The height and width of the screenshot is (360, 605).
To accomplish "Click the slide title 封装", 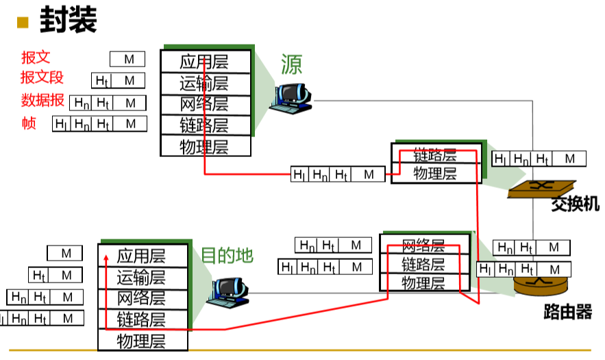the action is (x=69, y=19).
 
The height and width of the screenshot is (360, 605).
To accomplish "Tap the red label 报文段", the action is (x=42, y=77).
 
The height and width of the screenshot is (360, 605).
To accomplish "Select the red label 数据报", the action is (x=42, y=100).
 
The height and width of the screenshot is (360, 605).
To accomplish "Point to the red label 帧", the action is (x=29, y=123).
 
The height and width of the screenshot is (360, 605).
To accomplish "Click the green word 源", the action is (x=291, y=64).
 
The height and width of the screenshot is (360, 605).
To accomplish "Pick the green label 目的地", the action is (x=227, y=255).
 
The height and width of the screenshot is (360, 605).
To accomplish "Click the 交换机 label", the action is (x=575, y=204).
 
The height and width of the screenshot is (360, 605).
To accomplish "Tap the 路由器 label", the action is (x=567, y=312).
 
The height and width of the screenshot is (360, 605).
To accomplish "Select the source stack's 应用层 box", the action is (x=206, y=62).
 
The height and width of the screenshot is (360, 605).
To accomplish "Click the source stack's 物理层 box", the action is (x=206, y=145).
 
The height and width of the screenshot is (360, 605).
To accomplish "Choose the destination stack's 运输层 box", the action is (x=143, y=278).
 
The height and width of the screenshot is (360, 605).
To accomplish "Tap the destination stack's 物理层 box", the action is (x=143, y=340).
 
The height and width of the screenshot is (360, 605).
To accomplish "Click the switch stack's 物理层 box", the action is (x=436, y=173).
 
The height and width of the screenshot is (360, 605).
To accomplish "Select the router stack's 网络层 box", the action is (x=425, y=244).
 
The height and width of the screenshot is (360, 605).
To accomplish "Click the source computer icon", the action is (x=291, y=99).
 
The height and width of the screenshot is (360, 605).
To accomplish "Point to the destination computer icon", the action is (x=228, y=292).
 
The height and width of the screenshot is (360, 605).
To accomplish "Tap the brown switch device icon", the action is (x=542, y=189).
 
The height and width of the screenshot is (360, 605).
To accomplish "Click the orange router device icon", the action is (x=541, y=286).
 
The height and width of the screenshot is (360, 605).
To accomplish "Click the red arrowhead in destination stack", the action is (x=106, y=258).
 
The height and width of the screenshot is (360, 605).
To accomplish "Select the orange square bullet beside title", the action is (x=23, y=22).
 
